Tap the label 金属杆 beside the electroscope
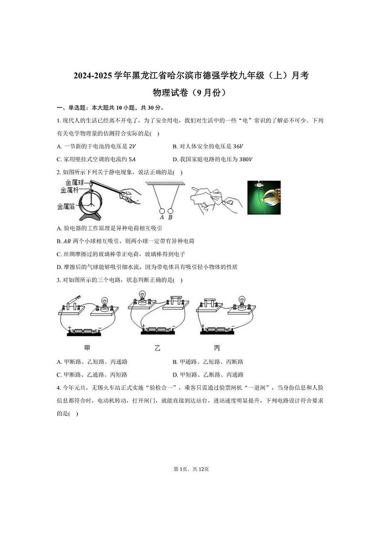(69, 189)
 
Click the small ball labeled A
(162, 210)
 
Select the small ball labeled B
(170, 210)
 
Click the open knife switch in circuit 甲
(72, 304)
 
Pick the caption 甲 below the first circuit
(87, 348)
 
